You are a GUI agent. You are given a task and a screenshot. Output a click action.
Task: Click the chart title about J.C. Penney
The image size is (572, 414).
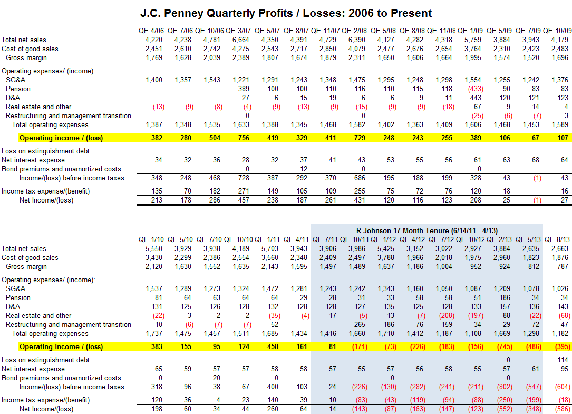(286, 13)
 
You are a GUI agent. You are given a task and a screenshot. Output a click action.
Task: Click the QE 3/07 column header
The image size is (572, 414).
(240, 31)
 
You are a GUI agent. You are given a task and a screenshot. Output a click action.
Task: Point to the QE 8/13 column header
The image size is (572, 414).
(558, 239)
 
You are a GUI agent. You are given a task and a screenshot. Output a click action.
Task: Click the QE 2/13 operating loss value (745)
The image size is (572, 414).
(502, 347)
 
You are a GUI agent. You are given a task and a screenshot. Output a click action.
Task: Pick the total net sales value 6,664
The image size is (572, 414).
(241, 40)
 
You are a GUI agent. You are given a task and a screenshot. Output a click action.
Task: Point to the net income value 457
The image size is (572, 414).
(242, 200)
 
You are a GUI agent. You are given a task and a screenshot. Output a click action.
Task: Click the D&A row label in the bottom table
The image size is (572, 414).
(13, 306)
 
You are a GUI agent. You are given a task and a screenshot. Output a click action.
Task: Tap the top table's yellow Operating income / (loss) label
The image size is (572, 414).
(61, 138)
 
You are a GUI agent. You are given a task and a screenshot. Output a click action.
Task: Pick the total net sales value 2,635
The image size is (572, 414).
(531, 248)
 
